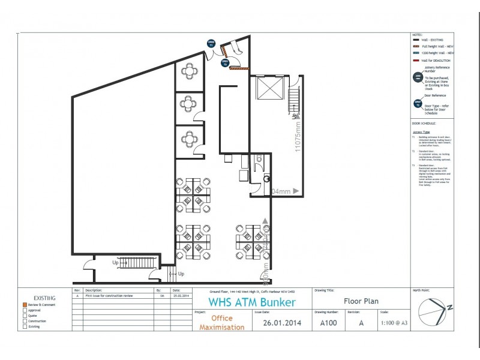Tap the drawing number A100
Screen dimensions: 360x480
[328, 323]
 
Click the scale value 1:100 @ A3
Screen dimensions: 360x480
[394, 323]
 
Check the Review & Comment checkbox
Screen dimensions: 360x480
[25, 305]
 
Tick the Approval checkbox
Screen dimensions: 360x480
[25, 310]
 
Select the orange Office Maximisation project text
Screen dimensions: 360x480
[221, 323]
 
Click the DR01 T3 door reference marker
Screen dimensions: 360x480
[225, 62]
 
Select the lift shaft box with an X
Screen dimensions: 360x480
[266, 88]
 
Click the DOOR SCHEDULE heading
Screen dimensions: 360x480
[424, 122]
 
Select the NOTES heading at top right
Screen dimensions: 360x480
[418, 35]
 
